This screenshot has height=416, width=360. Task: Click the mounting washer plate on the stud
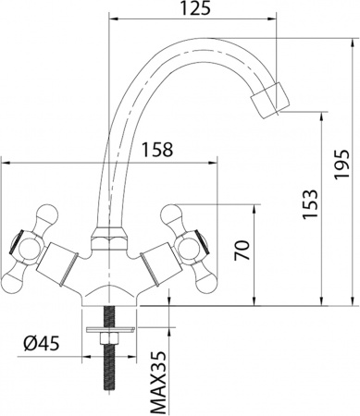pyautogui.click(x=109, y=328)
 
